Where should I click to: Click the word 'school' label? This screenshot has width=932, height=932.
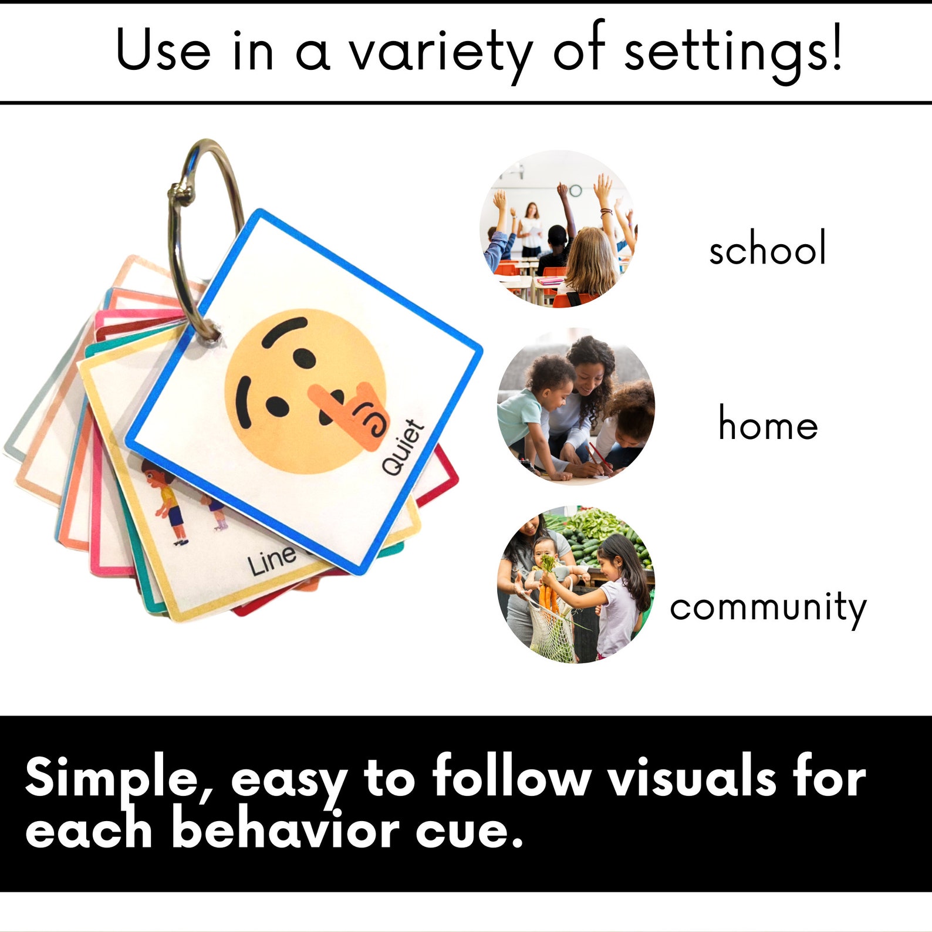click(767, 249)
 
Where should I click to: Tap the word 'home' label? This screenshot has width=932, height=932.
click(768, 424)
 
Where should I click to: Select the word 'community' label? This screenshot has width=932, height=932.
click(768, 608)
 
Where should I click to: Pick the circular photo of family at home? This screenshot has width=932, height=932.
click(575, 406)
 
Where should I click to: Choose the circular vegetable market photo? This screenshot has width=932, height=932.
click(575, 585)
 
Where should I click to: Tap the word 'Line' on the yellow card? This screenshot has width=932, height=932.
click(271, 560)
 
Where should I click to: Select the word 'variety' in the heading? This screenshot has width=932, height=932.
click(440, 52)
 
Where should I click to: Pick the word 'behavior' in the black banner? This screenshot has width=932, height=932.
click(285, 829)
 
